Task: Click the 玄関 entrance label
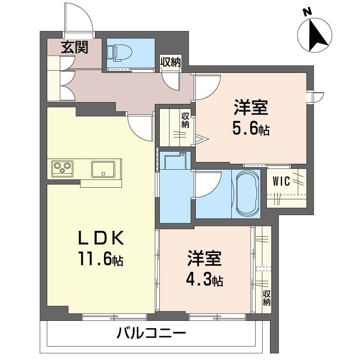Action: [75, 48]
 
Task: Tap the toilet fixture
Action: [119, 53]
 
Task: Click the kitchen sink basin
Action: [103, 170]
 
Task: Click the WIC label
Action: [281, 182]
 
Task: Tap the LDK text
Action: [101, 237]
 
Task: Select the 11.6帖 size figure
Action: [101, 259]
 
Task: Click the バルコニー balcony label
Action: [151, 333]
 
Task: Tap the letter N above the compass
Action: [307, 12]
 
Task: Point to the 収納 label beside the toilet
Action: [171, 62]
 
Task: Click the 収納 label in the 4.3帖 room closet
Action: [266, 298]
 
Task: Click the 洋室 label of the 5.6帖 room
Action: [251, 108]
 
